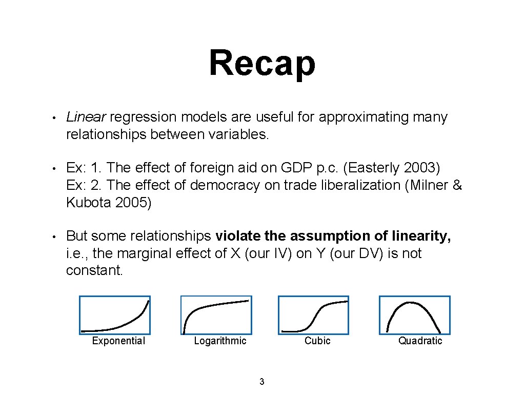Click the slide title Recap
click(x=262, y=63)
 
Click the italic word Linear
click(x=86, y=117)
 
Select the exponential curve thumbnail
click(x=115, y=315)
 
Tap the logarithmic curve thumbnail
click(x=216, y=315)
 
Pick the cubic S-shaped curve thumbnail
click(x=313, y=315)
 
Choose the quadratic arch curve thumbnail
click(x=414, y=315)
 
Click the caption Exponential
click(x=118, y=341)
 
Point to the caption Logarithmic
click(x=220, y=341)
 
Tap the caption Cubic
click(x=317, y=341)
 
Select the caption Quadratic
click(x=420, y=341)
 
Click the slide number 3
click(x=262, y=382)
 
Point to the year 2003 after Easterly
click(x=421, y=168)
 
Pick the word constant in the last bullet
click(x=94, y=270)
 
